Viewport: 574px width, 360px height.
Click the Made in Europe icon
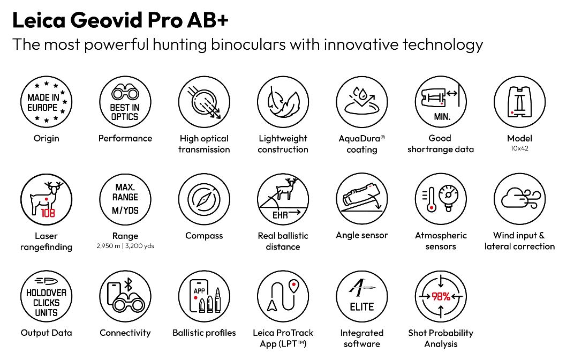pyautogui.click(x=46, y=102)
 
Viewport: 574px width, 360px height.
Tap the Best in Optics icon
pyautogui.click(x=125, y=102)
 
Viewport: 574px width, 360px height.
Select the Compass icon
pyautogui.click(x=204, y=199)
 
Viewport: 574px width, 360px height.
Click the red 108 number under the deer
pyautogui.click(x=48, y=213)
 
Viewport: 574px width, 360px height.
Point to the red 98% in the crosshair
pyautogui.click(x=441, y=296)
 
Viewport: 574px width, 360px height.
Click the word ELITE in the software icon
pyautogui.click(x=361, y=307)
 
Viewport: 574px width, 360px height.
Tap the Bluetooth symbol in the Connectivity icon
pyautogui.click(x=128, y=284)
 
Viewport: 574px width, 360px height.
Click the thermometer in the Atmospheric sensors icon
pyautogui.click(x=431, y=200)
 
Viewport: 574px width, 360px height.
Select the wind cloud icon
pyautogui.click(x=520, y=199)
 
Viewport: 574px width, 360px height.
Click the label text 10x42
pyautogui.click(x=520, y=148)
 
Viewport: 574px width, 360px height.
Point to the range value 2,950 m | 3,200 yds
pyautogui.click(x=125, y=246)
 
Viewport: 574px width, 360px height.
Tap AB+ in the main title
pyautogui.click(x=208, y=20)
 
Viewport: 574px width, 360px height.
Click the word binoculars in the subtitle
pyautogui.click(x=248, y=44)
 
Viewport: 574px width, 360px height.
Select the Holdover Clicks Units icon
pyautogui.click(x=46, y=297)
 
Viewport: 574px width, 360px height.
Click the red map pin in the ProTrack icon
pyautogui.click(x=293, y=286)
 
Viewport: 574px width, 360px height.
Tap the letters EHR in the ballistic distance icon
pyautogui.click(x=280, y=215)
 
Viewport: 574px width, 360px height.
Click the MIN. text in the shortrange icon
pyautogui.click(x=442, y=117)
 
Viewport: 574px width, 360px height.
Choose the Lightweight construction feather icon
pyautogui.click(x=283, y=102)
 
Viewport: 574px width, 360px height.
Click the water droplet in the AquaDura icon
pyautogui.click(x=363, y=94)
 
